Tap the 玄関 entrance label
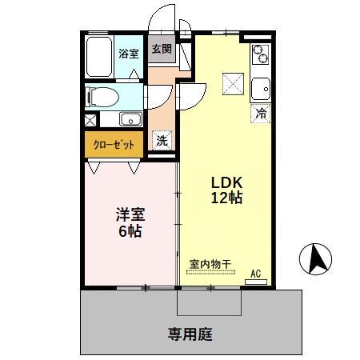(161, 50)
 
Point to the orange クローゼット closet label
(114, 145)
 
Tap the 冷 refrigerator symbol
(259, 114)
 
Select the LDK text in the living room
(226, 181)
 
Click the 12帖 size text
(226, 198)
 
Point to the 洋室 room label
(130, 214)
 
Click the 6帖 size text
(130, 232)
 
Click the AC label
(256, 274)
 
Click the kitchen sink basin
(262, 86)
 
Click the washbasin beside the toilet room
(130, 121)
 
